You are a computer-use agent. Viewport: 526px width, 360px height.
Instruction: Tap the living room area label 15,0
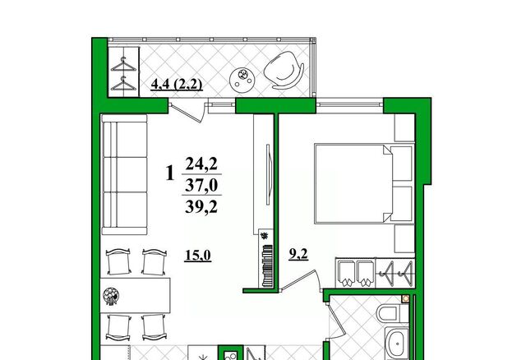198,256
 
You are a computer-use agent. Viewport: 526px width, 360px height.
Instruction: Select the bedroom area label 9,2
298,254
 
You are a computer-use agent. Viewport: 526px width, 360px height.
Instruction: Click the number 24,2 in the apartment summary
201,164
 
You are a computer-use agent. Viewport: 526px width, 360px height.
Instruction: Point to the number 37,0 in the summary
201,185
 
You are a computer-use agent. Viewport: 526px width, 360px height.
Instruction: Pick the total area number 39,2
201,206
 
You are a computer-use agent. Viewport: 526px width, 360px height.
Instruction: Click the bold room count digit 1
170,173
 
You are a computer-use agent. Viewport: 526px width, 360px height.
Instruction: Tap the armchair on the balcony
284,70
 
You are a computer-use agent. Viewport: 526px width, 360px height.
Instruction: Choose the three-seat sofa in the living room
124,174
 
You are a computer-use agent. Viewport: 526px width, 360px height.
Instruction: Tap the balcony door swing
190,112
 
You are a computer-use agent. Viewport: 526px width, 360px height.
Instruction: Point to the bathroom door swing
337,321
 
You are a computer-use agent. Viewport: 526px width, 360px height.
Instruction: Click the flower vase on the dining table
112,296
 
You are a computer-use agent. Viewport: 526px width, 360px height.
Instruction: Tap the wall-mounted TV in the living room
268,174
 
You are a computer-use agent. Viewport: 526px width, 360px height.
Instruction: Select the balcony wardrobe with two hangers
124,72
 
